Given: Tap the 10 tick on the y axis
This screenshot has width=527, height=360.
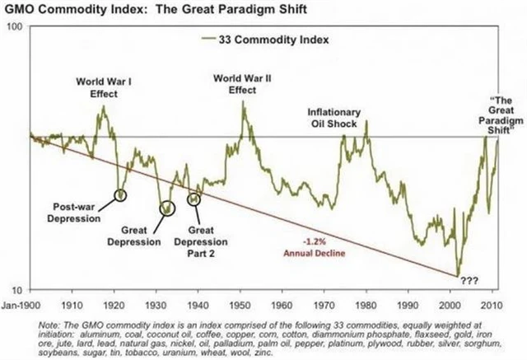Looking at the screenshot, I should tap(17, 288).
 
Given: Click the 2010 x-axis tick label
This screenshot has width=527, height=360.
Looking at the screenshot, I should tap(492, 302).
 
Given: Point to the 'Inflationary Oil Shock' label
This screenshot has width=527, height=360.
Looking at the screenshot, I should tap(334, 117).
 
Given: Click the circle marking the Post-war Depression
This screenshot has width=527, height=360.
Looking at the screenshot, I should tap(121, 195).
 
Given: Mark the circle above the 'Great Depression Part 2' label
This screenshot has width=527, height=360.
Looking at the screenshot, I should tap(195, 199).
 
